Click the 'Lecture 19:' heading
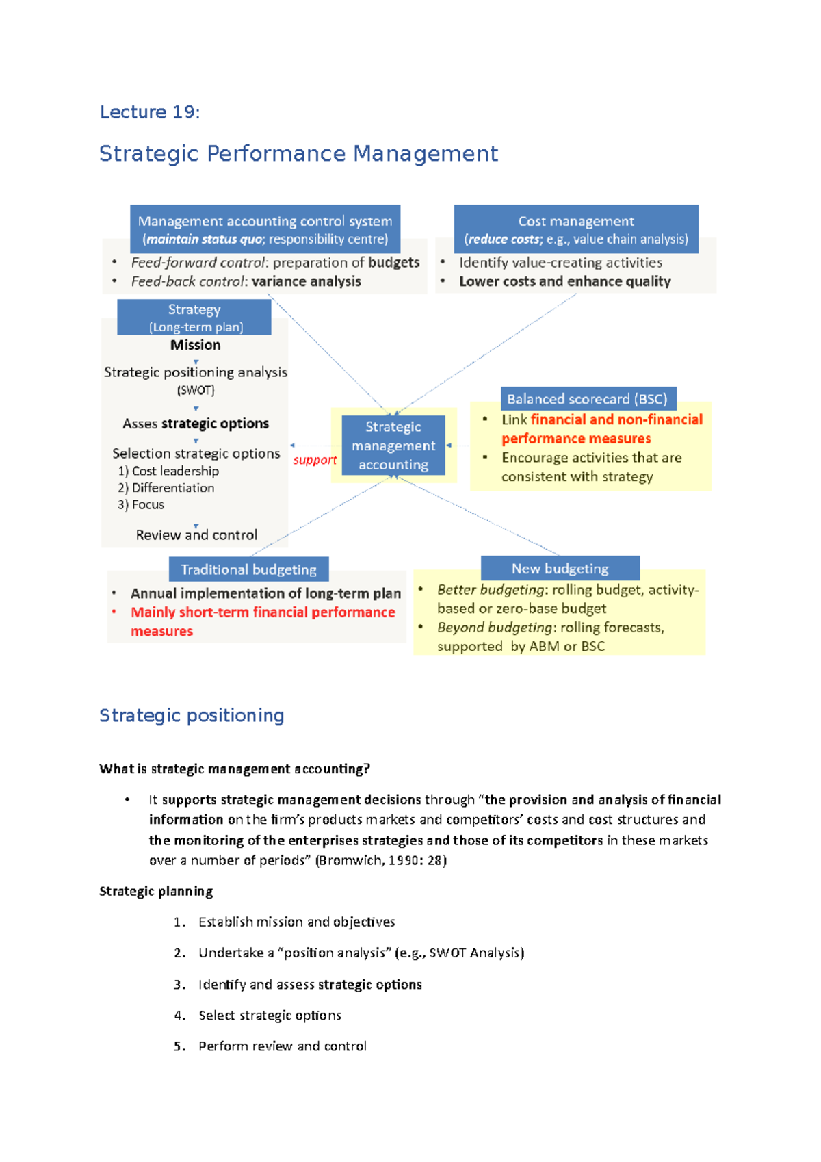click(150, 112)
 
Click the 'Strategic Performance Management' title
click(298, 153)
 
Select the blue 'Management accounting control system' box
click(265, 229)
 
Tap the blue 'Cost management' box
click(576, 229)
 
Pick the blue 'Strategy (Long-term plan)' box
click(194, 318)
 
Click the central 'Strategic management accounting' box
click(393, 446)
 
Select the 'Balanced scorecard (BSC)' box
click(587, 399)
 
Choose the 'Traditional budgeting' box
click(248, 569)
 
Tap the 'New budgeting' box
click(560, 569)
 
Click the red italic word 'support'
click(315, 460)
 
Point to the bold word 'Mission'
click(196, 345)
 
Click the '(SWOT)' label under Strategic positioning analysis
click(196, 391)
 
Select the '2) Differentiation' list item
click(166, 488)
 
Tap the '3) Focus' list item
click(142, 504)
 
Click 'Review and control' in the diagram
click(196, 534)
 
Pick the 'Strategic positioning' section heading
click(192, 715)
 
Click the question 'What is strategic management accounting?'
click(234, 769)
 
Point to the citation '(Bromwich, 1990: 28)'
click(380, 860)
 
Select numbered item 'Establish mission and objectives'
click(296, 922)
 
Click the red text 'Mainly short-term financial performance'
click(263, 612)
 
